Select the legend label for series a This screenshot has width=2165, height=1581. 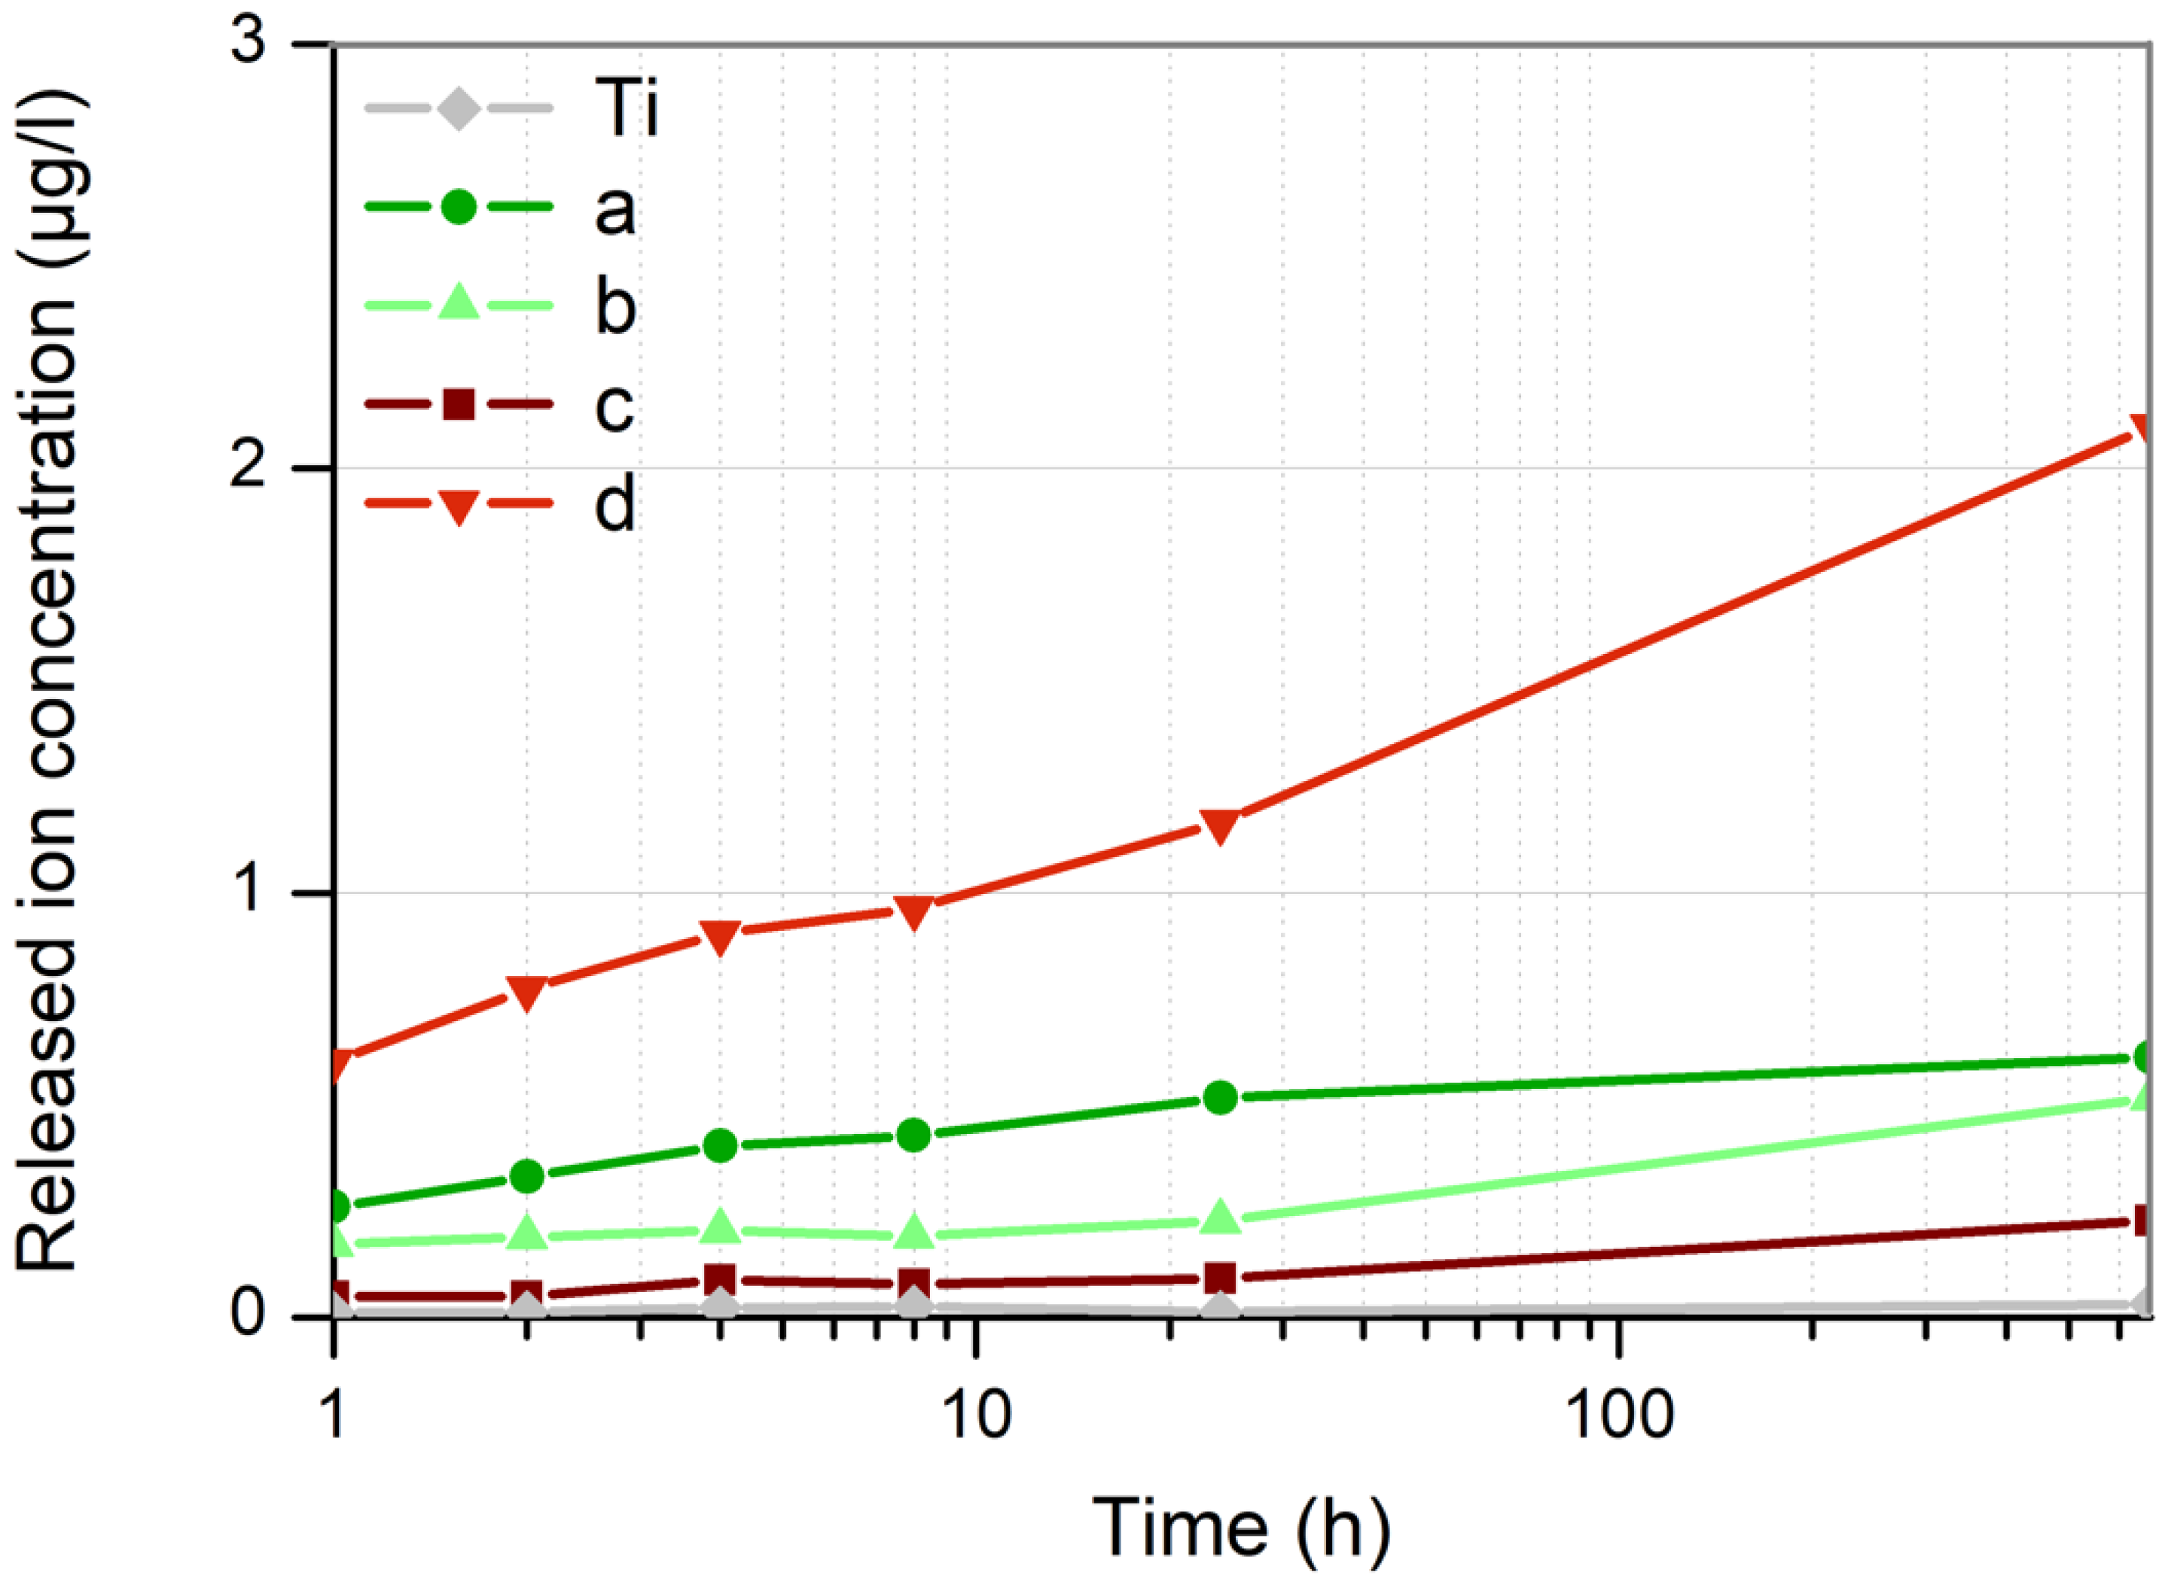pos(614,208)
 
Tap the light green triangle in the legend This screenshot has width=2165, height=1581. pos(459,304)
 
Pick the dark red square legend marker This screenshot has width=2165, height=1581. pos(459,405)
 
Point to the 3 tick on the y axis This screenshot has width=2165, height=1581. pos(247,43)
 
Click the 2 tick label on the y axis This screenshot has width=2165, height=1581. pos(247,468)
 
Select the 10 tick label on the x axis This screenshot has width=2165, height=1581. pos(976,1415)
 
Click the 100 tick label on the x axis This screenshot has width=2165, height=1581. pos(1618,1415)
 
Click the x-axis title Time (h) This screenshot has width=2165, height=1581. pos(1241,1528)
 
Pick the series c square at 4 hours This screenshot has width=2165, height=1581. pos(720,1278)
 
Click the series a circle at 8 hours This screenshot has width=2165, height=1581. pos(914,1135)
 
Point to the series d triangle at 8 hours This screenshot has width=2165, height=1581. pos(914,913)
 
